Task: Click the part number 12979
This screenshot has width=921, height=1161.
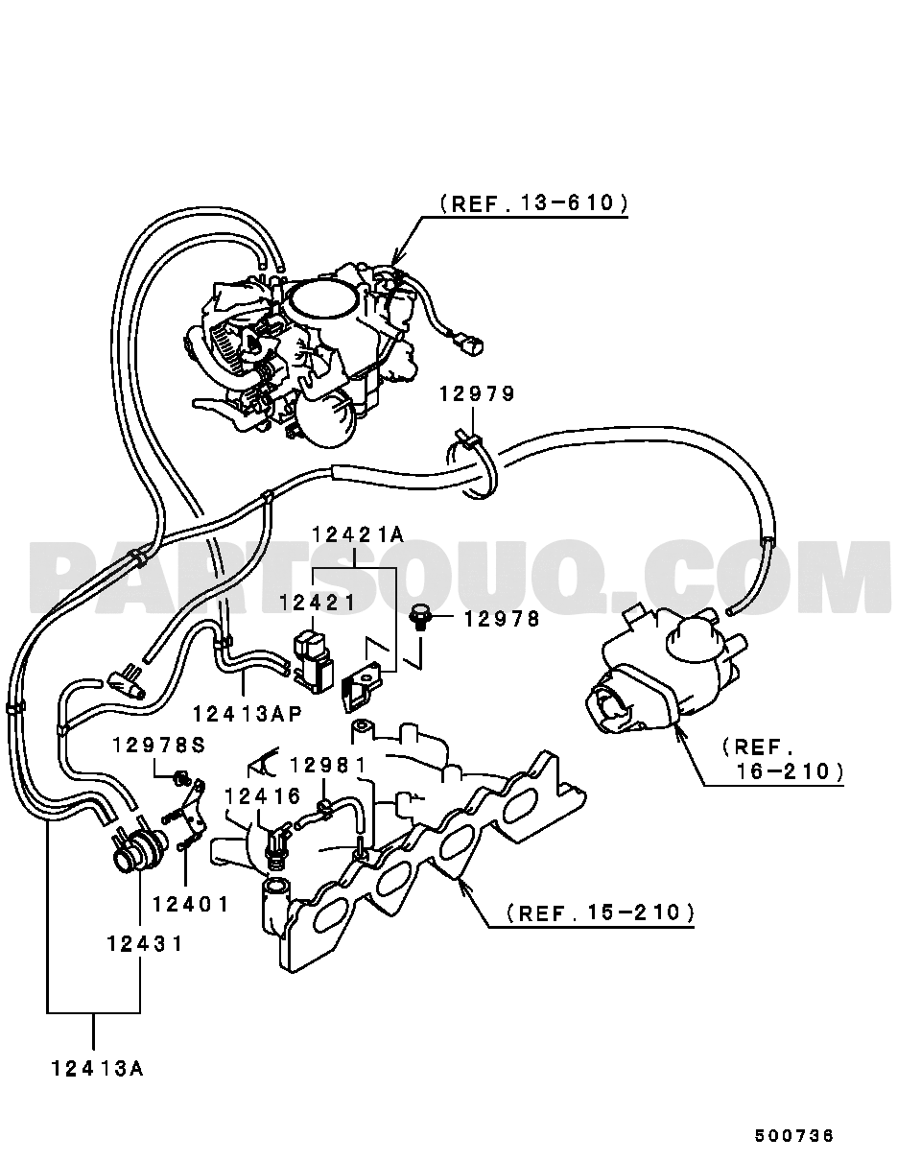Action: tap(477, 394)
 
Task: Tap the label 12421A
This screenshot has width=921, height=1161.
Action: tap(358, 534)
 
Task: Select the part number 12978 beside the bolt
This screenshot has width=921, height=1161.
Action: tap(502, 619)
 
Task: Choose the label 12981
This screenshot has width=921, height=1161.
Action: tap(328, 765)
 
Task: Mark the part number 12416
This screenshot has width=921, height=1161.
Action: tap(263, 795)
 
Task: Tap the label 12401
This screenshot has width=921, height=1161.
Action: tap(191, 904)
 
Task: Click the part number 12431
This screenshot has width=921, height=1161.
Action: tap(146, 943)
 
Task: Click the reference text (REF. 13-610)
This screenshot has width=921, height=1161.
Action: tap(534, 202)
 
